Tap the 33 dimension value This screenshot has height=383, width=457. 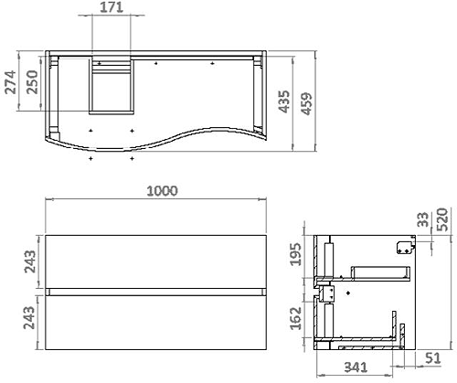(x=423, y=219)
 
